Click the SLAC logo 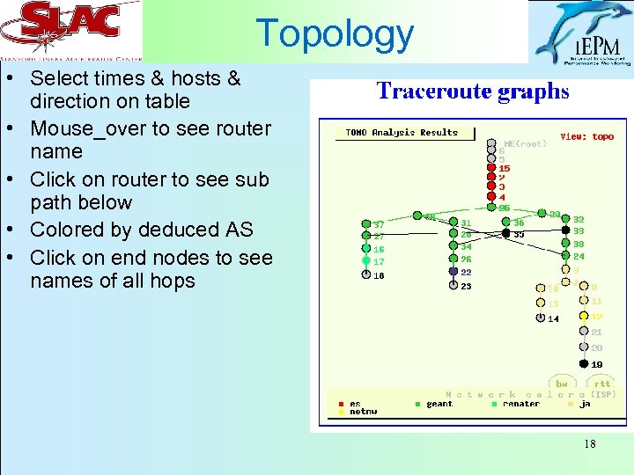tap(70, 31)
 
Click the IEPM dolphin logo tap(580, 33)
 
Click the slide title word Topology tap(335, 33)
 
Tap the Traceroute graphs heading tap(473, 91)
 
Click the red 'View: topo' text tap(587, 137)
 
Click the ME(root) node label tap(525, 143)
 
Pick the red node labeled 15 tap(490, 168)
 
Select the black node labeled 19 tap(583, 363)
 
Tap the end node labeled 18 tap(366, 274)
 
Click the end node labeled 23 tap(453, 285)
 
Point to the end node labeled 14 tap(541, 318)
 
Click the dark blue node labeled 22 tap(453, 273)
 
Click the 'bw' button tap(562, 384)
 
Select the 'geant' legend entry tap(439, 404)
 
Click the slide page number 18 tap(589, 444)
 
